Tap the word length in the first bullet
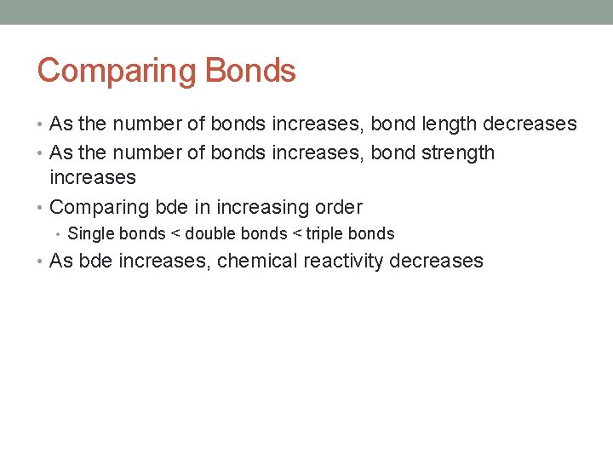(x=448, y=124)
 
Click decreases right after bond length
(x=530, y=124)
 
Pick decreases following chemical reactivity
(x=436, y=261)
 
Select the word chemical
(x=254, y=261)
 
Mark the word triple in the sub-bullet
(x=324, y=233)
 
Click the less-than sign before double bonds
(x=175, y=233)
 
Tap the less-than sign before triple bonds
(x=297, y=233)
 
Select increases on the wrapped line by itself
(x=93, y=177)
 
